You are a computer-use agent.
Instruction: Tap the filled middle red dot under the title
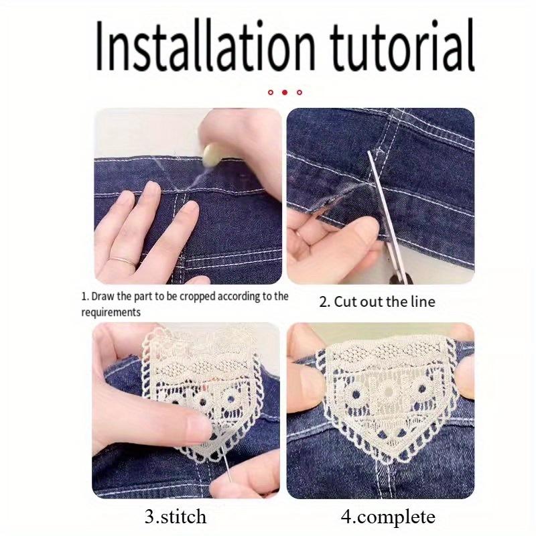(285, 92)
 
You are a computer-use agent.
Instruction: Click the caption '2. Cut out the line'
(377, 301)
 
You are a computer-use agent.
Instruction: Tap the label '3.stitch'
(175, 517)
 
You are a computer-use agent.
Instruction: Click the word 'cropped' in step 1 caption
(200, 296)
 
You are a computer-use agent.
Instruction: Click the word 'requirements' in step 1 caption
(111, 312)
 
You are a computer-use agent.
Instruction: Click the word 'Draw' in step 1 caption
(102, 296)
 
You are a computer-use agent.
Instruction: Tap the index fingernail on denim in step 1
(190, 209)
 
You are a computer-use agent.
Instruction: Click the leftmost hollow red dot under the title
(270, 92)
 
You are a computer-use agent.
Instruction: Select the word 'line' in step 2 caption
(421, 301)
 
